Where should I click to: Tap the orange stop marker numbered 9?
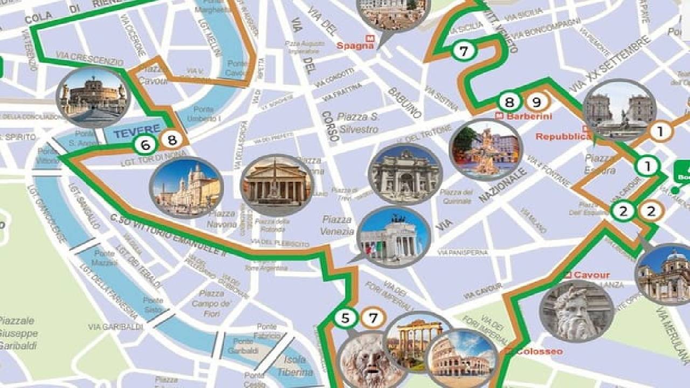pos(536,101)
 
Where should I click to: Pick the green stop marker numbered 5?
pos(345,318)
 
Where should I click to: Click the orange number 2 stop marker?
pos(651,211)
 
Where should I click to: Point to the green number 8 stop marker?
pos(509,101)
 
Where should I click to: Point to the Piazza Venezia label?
pos(337,225)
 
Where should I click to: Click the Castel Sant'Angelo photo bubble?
pos(93,97)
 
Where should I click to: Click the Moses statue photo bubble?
pos(577,311)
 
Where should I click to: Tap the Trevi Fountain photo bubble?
pos(405,174)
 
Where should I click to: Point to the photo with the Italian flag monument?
pos(395,236)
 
